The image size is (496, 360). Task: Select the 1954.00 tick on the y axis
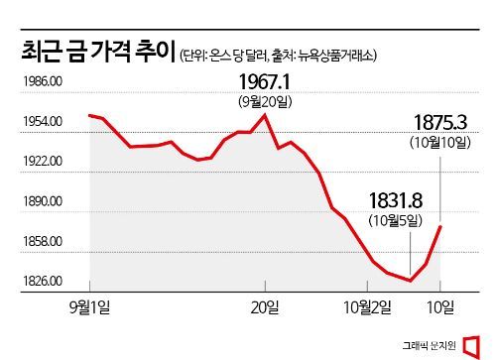42,122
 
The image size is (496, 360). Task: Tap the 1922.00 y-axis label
42,162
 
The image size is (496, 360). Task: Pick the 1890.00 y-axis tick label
42,201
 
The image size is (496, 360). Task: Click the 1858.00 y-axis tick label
42,241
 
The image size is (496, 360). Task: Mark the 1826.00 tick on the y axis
42,282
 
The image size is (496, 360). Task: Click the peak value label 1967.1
266,80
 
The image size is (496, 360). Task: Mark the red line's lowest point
410,281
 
